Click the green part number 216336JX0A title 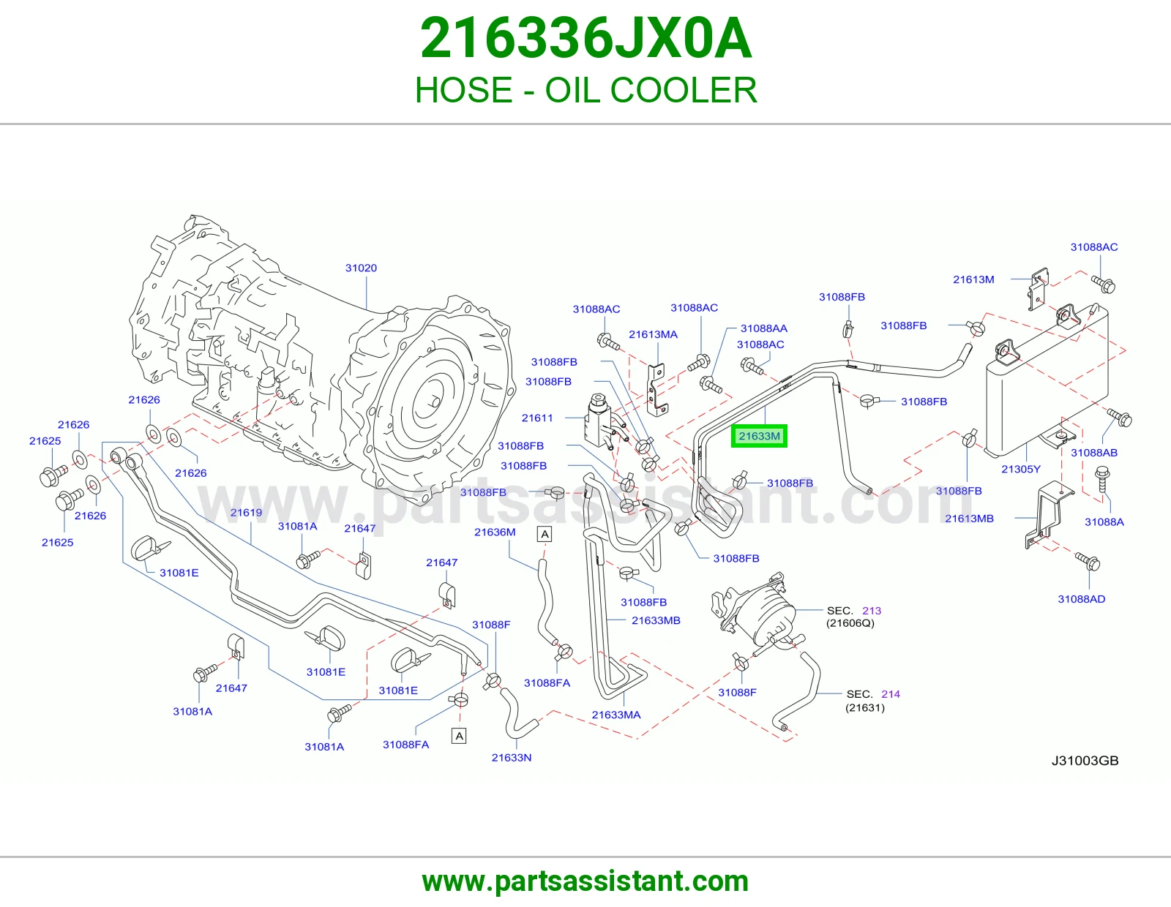[x=585, y=39]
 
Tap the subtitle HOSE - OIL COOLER [x=585, y=90]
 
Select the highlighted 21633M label [x=759, y=436]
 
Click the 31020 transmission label [x=361, y=268]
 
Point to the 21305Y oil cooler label [x=1021, y=469]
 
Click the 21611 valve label [x=537, y=418]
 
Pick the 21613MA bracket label [x=653, y=334]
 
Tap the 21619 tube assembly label [x=246, y=512]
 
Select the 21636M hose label [x=495, y=532]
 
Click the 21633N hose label [x=512, y=757]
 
